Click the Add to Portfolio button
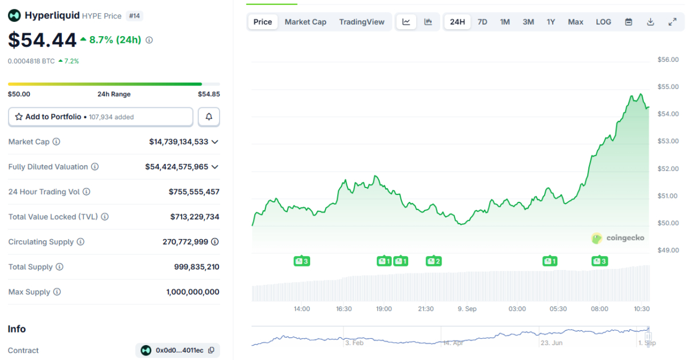click(100, 117)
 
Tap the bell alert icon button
click(209, 117)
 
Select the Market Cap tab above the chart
click(306, 22)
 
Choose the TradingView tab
click(362, 22)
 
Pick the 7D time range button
click(482, 22)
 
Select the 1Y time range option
click(550, 22)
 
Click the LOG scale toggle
click(603, 22)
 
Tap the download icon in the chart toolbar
click(650, 22)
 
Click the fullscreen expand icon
click(673, 22)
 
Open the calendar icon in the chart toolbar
click(628, 22)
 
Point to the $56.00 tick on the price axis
click(667, 60)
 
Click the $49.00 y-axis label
click(667, 251)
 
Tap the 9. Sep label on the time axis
click(467, 309)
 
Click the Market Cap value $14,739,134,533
click(178, 142)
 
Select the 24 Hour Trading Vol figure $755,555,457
click(194, 192)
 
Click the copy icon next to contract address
click(212, 350)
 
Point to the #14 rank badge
click(134, 16)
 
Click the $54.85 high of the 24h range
click(209, 94)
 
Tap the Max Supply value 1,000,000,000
click(193, 292)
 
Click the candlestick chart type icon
click(428, 22)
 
